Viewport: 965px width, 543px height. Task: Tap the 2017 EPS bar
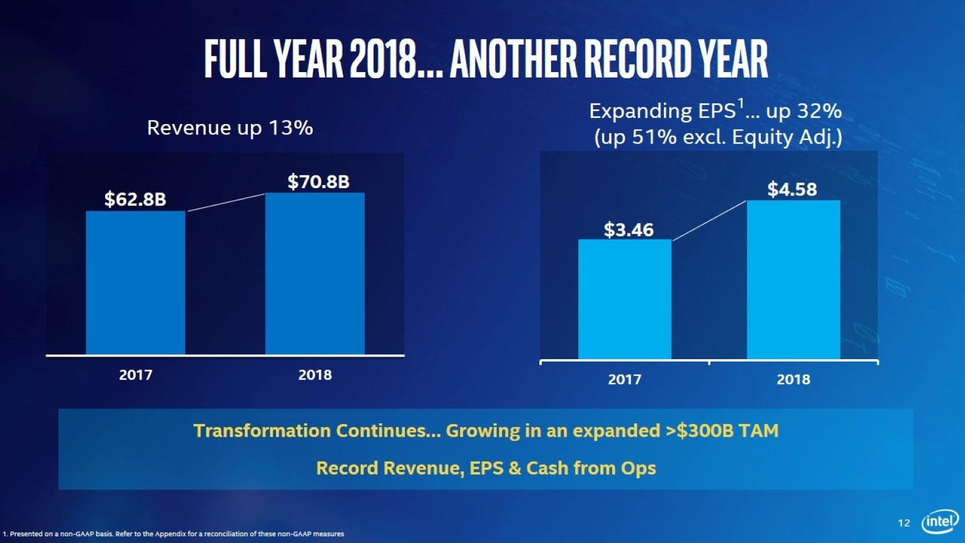pos(624,299)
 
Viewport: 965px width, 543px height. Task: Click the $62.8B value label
pos(135,199)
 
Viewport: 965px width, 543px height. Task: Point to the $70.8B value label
pos(318,181)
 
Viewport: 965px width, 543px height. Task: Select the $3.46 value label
pos(628,230)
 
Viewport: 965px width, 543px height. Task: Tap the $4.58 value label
pos(792,189)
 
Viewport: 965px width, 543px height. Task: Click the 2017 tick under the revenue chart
pos(136,375)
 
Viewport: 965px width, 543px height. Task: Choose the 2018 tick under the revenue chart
pos(315,375)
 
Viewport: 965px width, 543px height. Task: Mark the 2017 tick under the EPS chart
pos(624,379)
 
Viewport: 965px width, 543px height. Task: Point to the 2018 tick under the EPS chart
pos(793,379)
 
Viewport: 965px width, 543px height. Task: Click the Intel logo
pos(939,522)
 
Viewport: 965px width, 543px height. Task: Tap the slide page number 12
pos(903,523)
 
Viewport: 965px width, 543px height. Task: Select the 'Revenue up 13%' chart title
pos(230,128)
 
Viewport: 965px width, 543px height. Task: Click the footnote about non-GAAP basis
pos(173,534)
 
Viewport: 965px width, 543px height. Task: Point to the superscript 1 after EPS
pos(740,104)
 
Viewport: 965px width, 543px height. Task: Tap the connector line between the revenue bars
pos(225,202)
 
